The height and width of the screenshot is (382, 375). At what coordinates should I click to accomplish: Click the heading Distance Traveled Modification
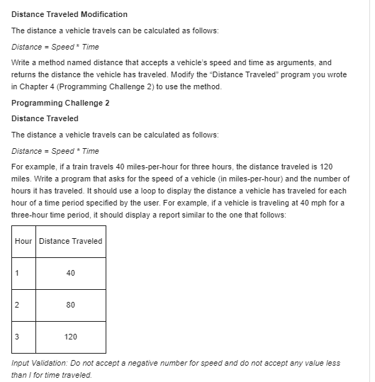click(69, 14)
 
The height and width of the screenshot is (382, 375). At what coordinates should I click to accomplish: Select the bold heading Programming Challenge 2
click(60, 103)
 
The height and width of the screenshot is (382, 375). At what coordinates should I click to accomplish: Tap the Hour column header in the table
click(23, 241)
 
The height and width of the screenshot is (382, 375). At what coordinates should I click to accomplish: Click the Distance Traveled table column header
click(70, 241)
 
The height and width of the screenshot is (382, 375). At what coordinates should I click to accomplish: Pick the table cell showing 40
click(70, 273)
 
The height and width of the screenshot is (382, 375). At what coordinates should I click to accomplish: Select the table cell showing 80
click(70, 305)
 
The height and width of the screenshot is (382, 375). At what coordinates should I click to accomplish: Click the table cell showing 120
click(70, 337)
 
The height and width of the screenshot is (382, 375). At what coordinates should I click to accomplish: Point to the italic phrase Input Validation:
click(40, 363)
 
